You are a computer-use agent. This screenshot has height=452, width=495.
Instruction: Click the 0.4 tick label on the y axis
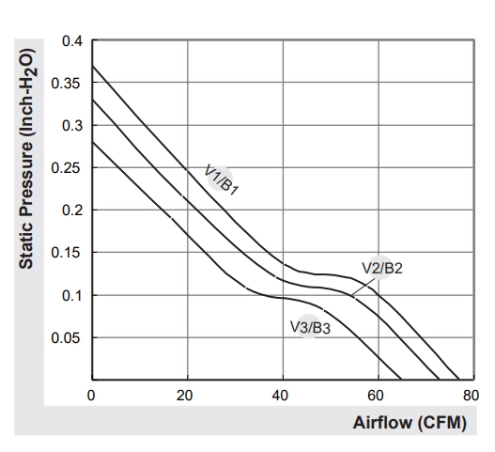72,41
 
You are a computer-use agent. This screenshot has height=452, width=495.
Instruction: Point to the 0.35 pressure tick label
67,84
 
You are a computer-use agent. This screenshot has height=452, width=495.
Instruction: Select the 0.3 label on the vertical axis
72,126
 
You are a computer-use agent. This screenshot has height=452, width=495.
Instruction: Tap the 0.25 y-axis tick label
67,167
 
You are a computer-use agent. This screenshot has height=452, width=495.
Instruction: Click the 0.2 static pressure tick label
72,210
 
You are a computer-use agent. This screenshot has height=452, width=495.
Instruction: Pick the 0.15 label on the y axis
67,253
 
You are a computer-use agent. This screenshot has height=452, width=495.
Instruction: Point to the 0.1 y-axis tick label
72,296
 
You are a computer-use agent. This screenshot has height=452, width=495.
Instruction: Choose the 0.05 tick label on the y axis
67,338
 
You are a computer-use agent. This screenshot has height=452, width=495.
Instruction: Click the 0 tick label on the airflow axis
91,396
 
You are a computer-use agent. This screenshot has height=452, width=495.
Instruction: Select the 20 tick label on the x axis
184,396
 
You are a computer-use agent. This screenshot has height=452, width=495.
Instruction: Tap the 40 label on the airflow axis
280,396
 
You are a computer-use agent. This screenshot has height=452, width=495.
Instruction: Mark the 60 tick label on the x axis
376,396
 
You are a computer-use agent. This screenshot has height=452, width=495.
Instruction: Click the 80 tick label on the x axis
471,396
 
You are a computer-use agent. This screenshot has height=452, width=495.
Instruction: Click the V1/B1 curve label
222,179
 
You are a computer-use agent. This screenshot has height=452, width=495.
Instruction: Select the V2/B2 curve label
382,269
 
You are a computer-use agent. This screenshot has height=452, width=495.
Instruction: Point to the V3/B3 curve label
310,328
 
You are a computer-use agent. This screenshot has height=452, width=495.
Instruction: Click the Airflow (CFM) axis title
410,423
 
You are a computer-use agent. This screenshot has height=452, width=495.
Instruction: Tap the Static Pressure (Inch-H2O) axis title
26,159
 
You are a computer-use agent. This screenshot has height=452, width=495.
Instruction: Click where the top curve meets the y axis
92,66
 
